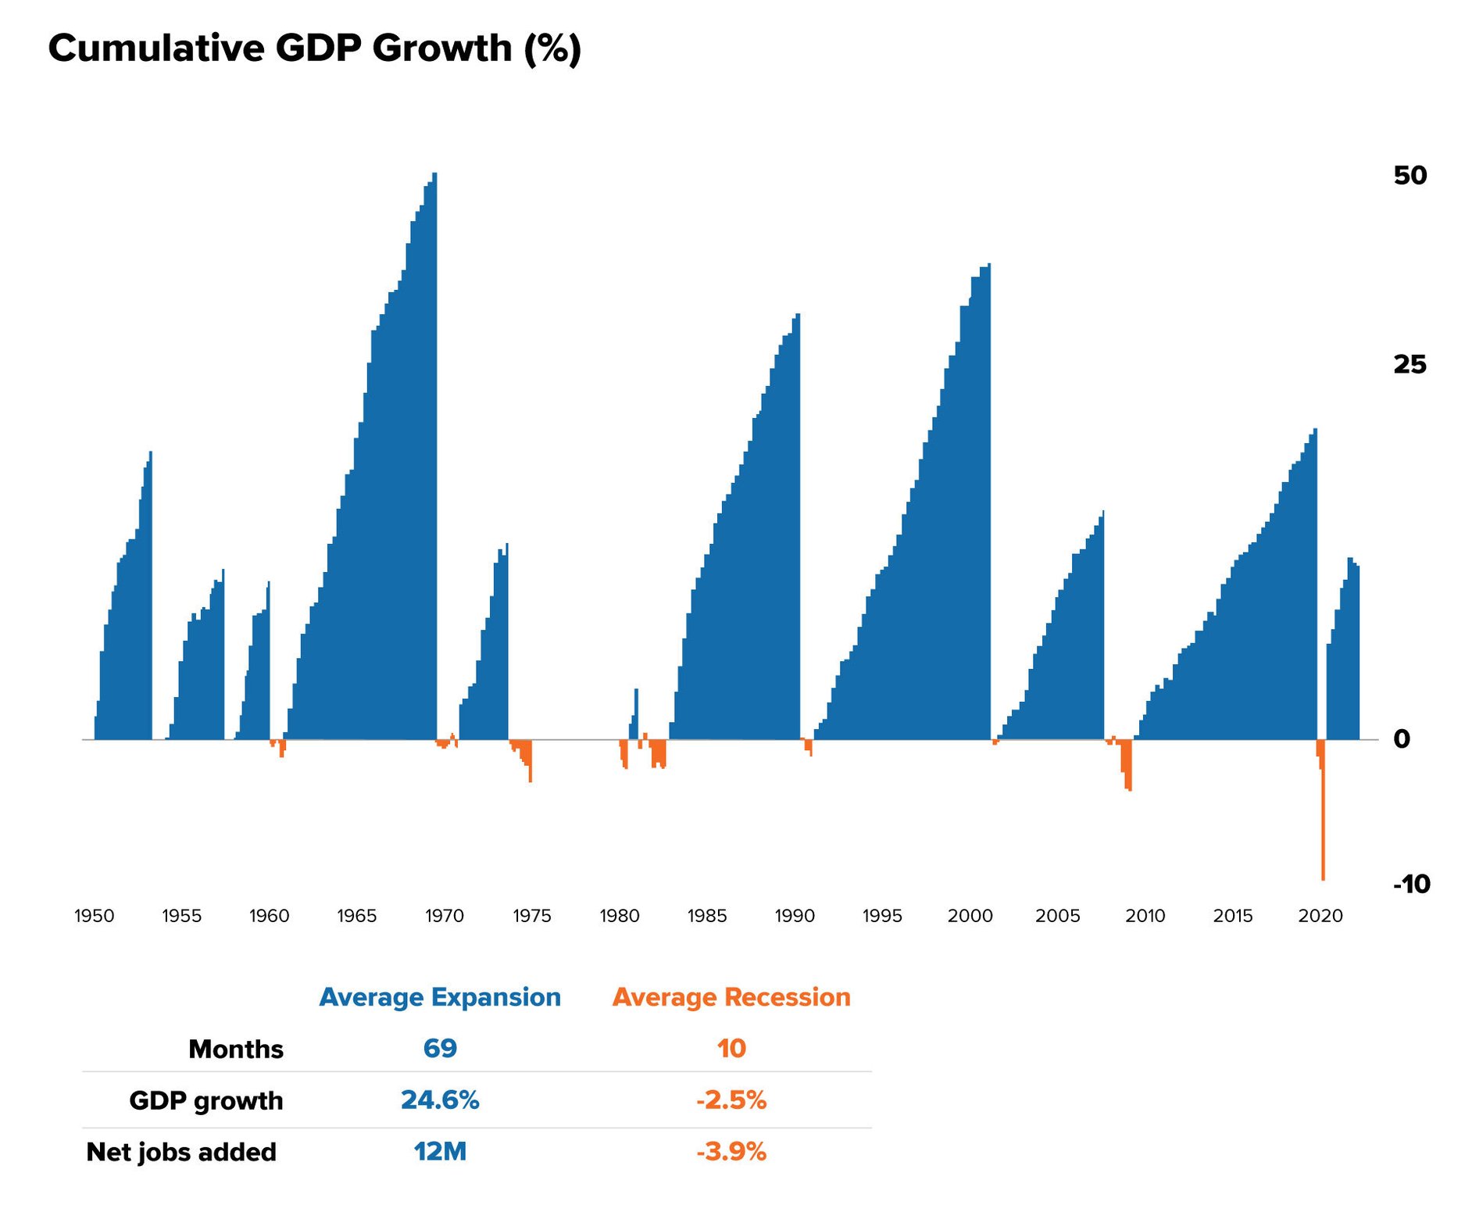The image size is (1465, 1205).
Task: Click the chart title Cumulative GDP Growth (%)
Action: (x=314, y=48)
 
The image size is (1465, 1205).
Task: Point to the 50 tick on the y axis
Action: (x=1410, y=175)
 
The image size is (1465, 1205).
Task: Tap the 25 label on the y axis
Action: (x=1410, y=364)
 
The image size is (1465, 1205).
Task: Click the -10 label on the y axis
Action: (x=1411, y=884)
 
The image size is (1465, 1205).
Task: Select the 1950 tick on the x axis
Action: (x=95, y=916)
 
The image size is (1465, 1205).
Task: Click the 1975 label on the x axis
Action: (x=532, y=916)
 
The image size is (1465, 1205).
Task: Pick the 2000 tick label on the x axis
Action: (x=970, y=916)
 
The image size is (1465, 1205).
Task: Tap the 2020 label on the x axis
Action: (x=1320, y=916)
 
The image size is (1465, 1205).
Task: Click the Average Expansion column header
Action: (x=440, y=997)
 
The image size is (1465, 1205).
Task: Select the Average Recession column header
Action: (x=731, y=997)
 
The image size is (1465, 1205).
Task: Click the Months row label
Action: (x=236, y=1049)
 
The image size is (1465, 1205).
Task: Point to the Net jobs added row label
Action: (x=181, y=1152)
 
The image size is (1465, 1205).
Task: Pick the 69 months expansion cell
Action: (x=440, y=1048)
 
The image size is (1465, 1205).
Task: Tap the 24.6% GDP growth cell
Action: (x=440, y=1100)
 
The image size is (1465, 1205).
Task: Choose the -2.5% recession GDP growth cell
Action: (x=731, y=1100)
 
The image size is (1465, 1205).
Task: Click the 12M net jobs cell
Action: (x=440, y=1152)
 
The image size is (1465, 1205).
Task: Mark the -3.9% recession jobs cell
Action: (x=731, y=1152)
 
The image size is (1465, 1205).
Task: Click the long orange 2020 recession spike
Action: (x=1323, y=828)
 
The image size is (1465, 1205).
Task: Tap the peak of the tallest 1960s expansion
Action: (x=434, y=176)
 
